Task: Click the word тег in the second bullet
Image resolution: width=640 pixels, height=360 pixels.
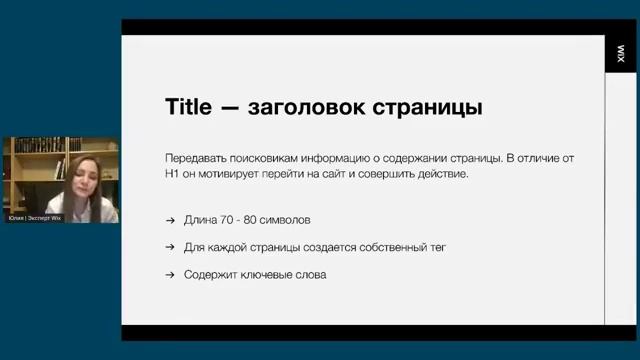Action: pyautogui.click(x=435, y=246)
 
